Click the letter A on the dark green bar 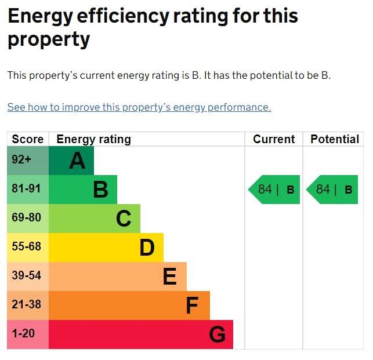[77, 161]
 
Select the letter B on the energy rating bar [101, 190]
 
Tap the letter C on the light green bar [124, 219]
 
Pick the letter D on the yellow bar [147, 248]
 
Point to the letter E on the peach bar [170, 277]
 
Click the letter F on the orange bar [192, 306]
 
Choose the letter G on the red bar [217, 334]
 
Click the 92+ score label [21, 159]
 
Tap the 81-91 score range [27, 188]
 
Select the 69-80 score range [27, 217]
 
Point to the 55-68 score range [27, 246]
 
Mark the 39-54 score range [27, 275]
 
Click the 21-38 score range [27, 304]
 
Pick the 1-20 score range [23, 333]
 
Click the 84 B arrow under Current [274, 190]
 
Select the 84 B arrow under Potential [332, 190]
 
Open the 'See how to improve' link [139, 107]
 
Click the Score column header [28, 139]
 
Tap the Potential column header [335, 139]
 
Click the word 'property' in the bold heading [49, 39]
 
